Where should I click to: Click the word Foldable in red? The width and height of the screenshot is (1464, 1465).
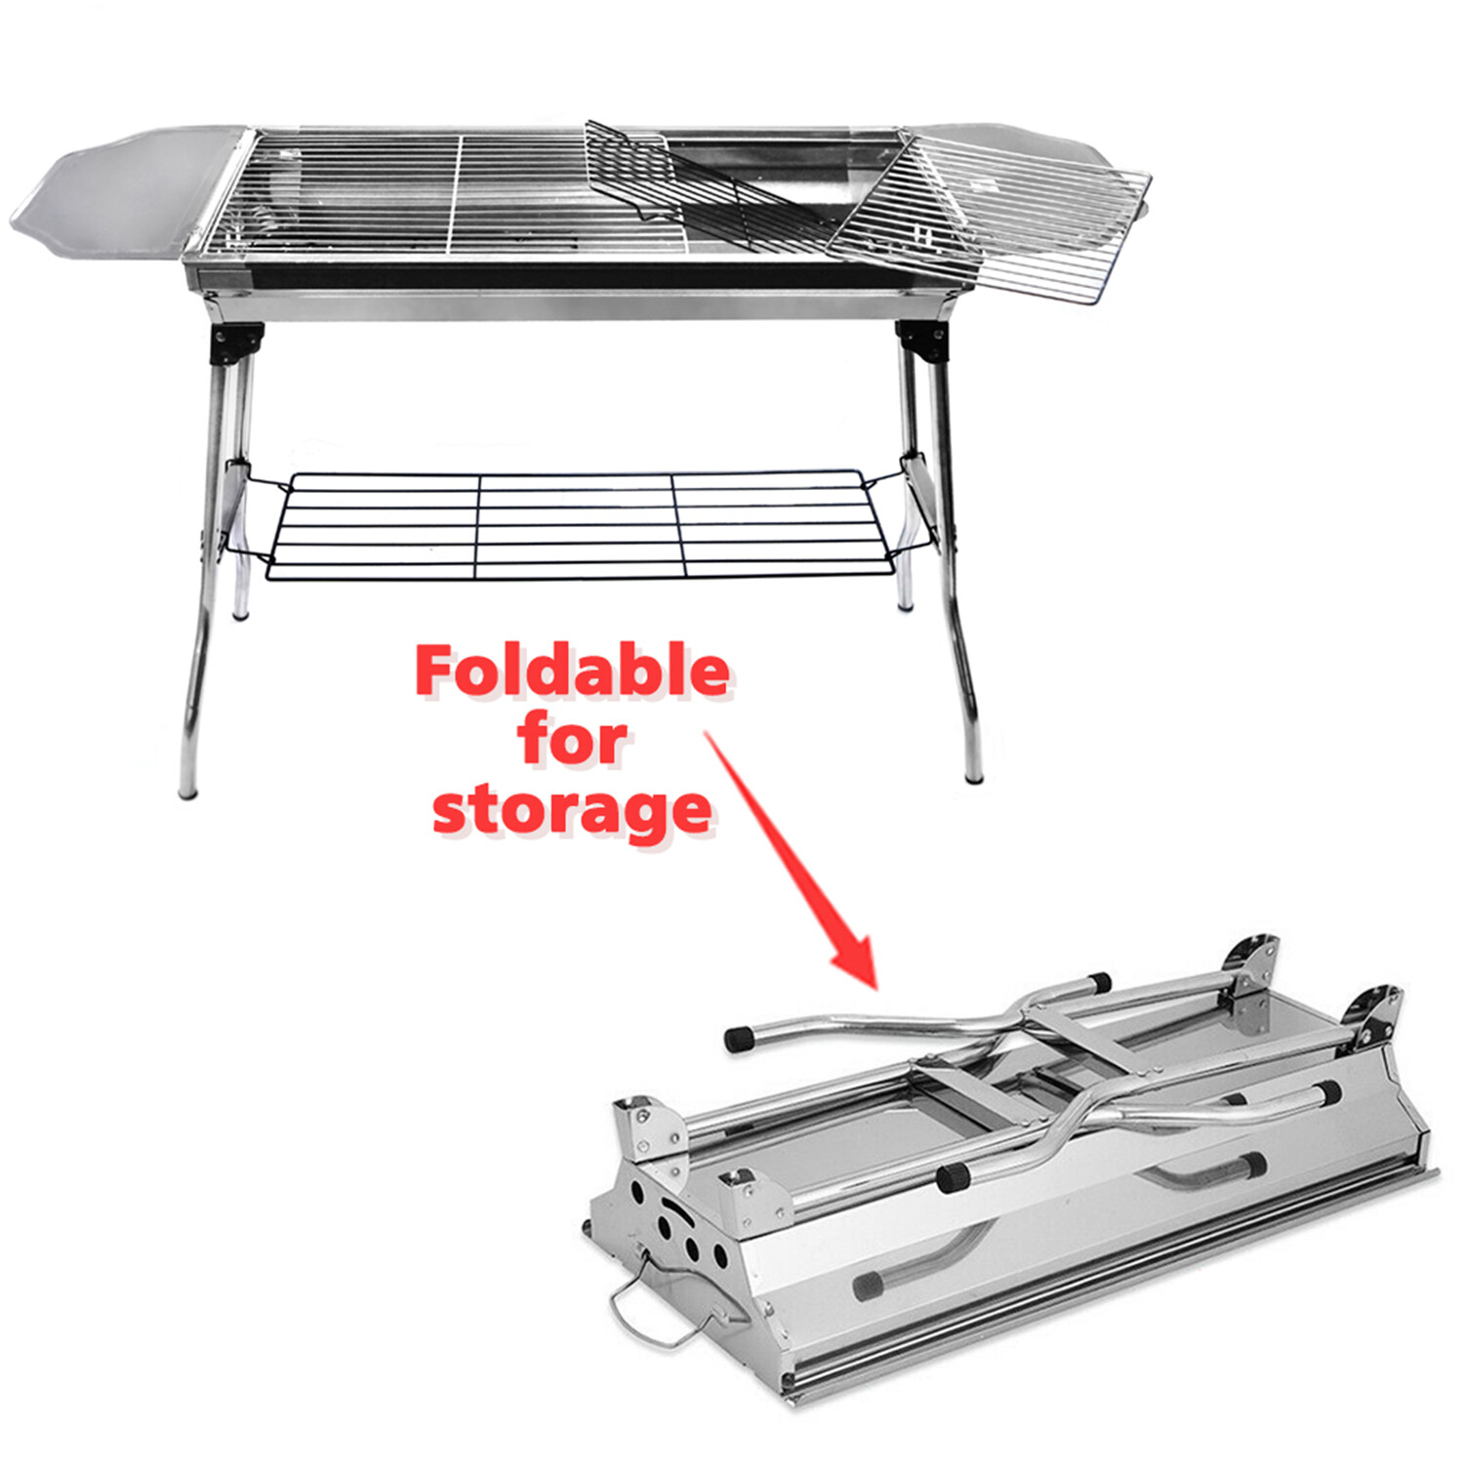(572, 671)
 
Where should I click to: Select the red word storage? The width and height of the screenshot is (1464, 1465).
(572, 810)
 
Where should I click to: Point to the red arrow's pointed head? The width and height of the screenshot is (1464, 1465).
(859, 961)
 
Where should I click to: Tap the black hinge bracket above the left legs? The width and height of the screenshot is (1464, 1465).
(238, 344)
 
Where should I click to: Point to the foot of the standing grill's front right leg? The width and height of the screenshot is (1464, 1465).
(973, 775)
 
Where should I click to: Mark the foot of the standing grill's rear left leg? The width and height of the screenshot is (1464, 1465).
(241, 612)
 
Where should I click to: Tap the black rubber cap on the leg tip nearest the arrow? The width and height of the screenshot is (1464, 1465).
(740, 1038)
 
